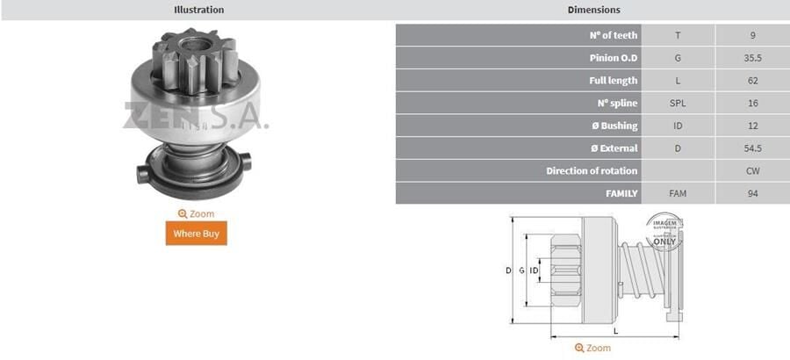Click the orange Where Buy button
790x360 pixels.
click(x=196, y=234)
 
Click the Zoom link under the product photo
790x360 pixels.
click(x=196, y=213)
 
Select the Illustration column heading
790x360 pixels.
click(x=197, y=10)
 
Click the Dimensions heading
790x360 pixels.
click(x=592, y=10)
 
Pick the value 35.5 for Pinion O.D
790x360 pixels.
click(x=752, y=58)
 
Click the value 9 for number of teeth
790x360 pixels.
click(x=752, y=35)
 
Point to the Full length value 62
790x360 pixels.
click(x=752, y=81)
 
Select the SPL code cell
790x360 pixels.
click(x=678, y=104)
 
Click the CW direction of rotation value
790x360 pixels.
click(x=752, y=170)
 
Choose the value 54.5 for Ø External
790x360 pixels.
click(x=752, y=148)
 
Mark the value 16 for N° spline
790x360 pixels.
click(x=752, y=104)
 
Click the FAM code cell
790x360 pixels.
click(x=678, y=193)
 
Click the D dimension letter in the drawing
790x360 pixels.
click(x=508, y=270)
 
